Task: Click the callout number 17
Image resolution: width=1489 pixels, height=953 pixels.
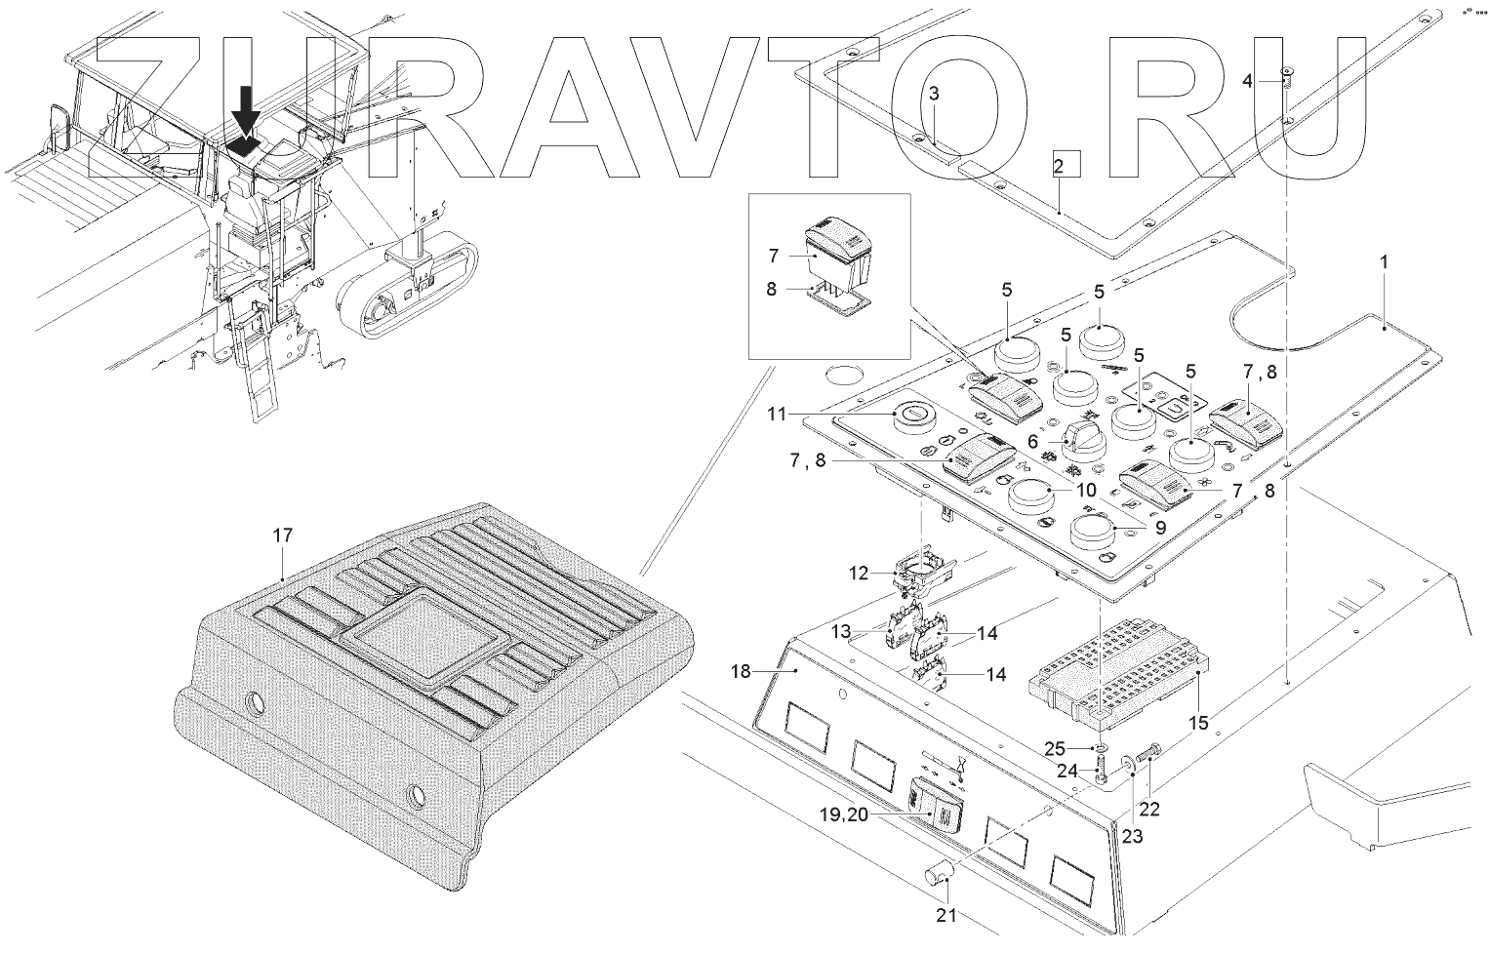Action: tap(282, 536)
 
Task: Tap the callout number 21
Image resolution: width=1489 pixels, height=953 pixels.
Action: tap(946, 915)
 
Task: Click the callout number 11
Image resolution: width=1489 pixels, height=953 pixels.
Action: tap(776, 414)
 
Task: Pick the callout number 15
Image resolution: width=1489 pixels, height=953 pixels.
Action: tap(1197, 723)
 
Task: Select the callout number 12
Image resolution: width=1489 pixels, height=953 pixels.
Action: tap(858, 574)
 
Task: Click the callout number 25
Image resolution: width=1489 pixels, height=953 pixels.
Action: tap(1055, 749)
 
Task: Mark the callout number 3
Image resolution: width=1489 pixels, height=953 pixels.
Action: tap(934, 94)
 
